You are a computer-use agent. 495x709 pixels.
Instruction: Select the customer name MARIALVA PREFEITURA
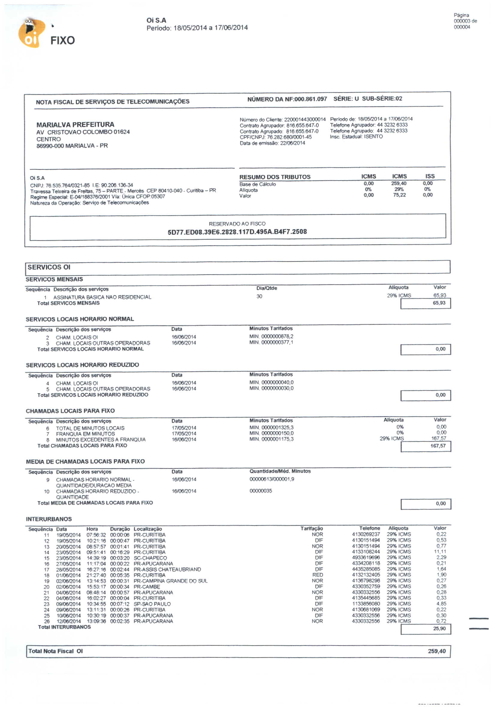tap(75, 125)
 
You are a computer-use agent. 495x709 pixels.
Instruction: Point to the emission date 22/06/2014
tap(292, 143)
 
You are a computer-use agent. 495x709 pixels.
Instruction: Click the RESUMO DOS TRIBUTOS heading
tap(275, 177)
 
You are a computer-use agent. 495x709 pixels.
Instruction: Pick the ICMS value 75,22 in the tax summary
tap(399, 195)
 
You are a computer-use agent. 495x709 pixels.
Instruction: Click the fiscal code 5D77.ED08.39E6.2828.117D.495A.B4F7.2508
tap(237, 232)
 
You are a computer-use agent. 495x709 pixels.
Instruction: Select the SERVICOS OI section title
tap(49, 267)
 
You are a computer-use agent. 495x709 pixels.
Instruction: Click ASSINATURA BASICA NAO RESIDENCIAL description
tap(102, 297)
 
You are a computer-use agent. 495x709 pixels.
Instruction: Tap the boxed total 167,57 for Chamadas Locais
tap(438, 446)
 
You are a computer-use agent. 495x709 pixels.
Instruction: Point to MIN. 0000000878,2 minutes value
tap(271, 337)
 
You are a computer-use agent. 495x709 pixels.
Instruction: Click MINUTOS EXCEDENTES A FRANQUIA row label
tap(101, 440)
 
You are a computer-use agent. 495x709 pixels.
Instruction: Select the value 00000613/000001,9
tap(271, 479)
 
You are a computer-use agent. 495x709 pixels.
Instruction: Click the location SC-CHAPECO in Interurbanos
tap(150, 558)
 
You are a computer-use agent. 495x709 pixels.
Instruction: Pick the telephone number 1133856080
tap(366, 604)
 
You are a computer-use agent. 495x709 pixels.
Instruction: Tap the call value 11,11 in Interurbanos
tap(440, 552)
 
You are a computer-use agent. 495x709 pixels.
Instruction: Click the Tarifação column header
tap(311, 529)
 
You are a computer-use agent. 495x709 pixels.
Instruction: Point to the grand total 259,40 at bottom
tap(437, 651)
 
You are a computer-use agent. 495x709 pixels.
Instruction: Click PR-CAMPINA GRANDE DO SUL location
tap(170, 581)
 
